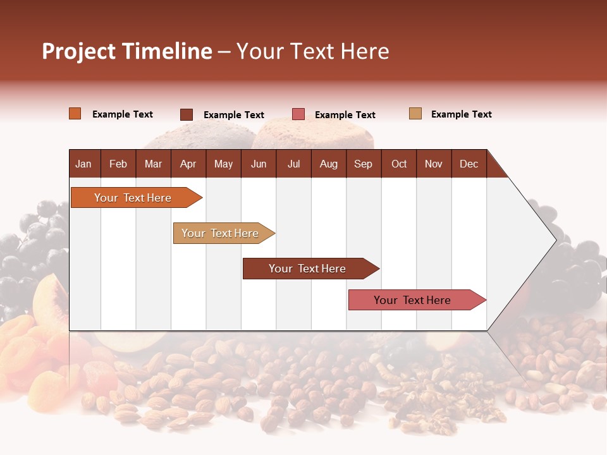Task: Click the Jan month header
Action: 83,164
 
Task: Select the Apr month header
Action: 188,164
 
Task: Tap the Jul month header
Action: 293,164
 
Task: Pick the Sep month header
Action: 363,164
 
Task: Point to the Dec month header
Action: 469,164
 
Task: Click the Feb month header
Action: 118,164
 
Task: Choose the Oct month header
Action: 399,164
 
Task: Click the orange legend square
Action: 75,114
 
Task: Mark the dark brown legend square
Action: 187,114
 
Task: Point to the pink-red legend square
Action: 298,114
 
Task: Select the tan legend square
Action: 415,114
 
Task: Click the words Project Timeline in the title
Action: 126,51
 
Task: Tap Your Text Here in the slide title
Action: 312,51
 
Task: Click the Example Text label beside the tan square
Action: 461,114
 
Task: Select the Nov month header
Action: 434,164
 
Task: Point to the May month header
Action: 223,164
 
